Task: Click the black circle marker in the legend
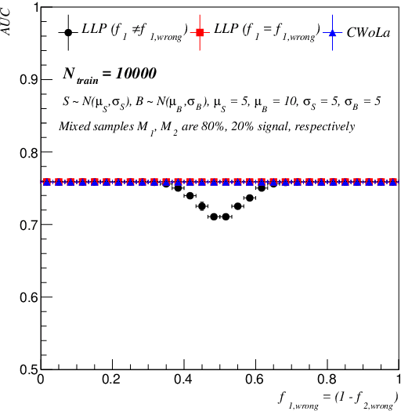pyautogui.click(x=70, y=33)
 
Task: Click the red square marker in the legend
pyautogui.click(x=200, y=33)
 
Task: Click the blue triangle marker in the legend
pyautogui.click(x=331, y=33)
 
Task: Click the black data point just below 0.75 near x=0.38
pyautogui.click(x=178, y=188)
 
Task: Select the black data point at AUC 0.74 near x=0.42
pyautogui.click(x=190, y=195)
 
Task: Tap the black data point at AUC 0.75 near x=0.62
pyautogui.click(x=262, y=187)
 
